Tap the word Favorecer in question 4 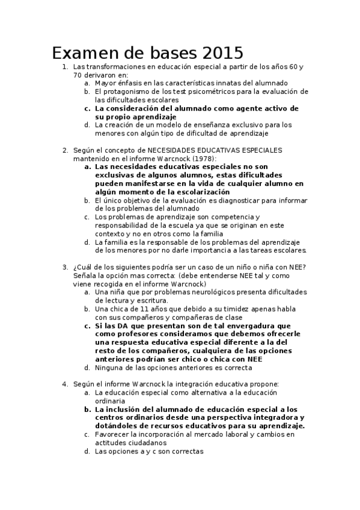point(112,434)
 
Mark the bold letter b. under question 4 point(88,408)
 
